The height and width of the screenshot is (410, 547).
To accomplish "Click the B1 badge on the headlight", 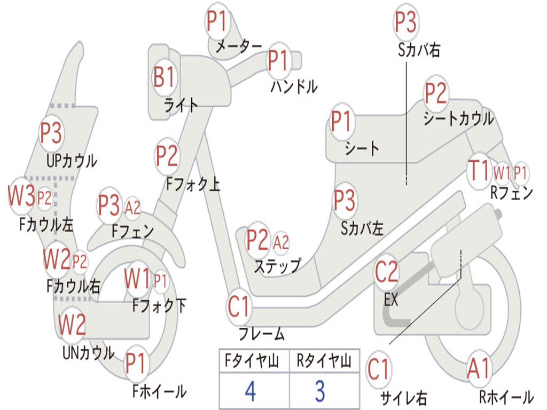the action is [x=164, y=77].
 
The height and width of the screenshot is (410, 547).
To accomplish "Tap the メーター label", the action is [x=238, y=47].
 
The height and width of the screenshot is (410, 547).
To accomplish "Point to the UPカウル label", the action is [x=72, y=160].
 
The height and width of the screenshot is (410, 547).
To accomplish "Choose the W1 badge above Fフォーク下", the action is [x=137, y=278].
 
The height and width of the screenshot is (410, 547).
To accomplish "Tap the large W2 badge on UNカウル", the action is [x=72, y=324].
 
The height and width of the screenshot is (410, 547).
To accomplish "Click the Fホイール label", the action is [x=159, y=391].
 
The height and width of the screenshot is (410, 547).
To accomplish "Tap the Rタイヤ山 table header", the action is [x=324, y=361].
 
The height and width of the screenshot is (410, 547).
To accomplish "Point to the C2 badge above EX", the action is [x=386, y=272].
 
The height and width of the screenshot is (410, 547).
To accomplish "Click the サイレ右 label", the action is [x=403, y=397].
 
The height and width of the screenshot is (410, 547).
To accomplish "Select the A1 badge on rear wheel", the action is [x=478, y=369].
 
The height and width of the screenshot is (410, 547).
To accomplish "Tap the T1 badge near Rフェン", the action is [x=478, y=171].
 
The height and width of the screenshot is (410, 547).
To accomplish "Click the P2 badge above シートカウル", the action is [x=436, y=93].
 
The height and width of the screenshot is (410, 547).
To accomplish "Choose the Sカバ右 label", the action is [x=419, y=50].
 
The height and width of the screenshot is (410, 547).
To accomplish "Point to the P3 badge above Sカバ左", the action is [x=345, y=201].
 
